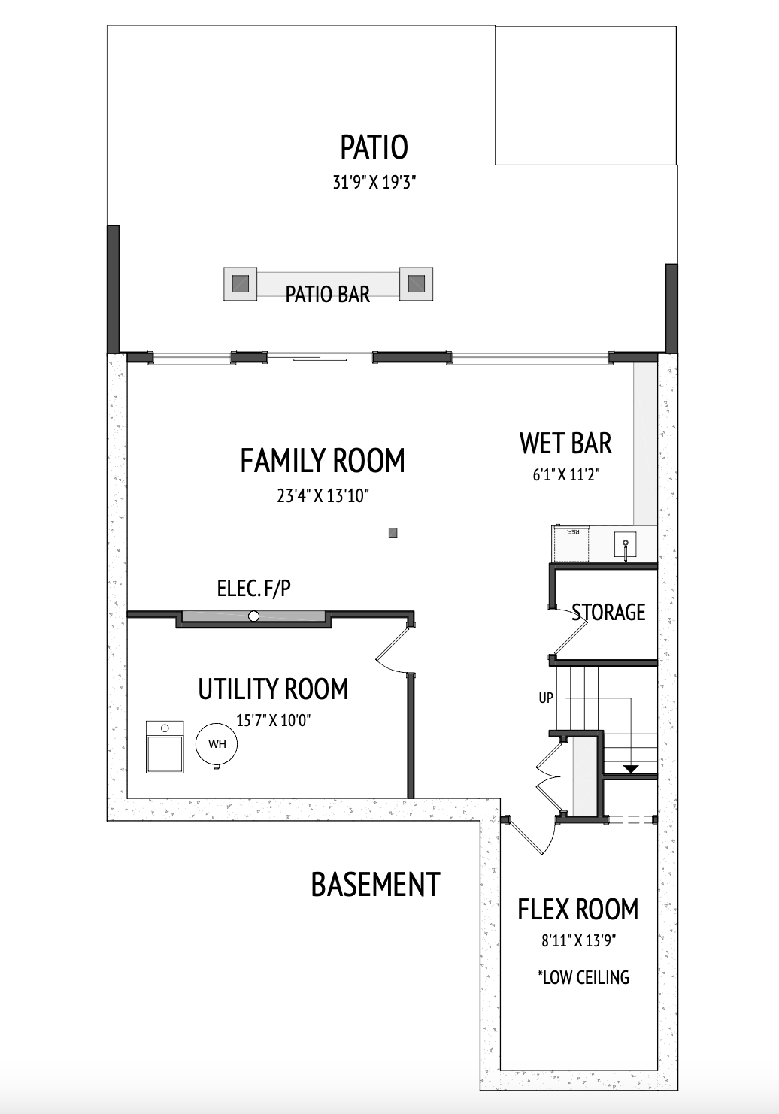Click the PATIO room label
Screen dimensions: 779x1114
coord(374,147)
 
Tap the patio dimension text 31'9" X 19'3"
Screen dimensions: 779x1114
coord(374,183)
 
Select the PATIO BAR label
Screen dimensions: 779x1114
coord(328,295)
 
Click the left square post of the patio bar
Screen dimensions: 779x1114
coord(241,284)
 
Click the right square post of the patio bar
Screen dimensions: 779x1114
coord(417,283)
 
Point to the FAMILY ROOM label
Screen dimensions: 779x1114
coord(323,461)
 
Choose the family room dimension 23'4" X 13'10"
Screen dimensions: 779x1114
coord(323,496)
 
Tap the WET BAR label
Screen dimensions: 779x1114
coord(565,443)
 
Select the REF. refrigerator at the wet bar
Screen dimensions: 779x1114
coord(571,543)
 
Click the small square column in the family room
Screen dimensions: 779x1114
coord(393,533)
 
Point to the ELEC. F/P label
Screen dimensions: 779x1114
coord(253,589)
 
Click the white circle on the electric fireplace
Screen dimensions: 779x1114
coord(253,616)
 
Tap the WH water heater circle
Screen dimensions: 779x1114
coord(217,744)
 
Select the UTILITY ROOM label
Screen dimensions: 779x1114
coord(273,689)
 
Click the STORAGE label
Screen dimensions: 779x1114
coord(608,612)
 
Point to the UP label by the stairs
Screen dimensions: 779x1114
coord(546,698)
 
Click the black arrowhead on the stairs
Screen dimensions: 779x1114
coord(631,769)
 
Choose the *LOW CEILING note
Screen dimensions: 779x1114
coord(583,977)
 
